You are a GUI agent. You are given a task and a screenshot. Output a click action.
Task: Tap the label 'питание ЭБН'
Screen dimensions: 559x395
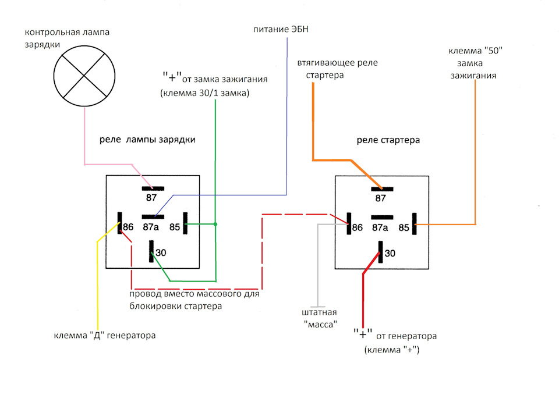point(281,29)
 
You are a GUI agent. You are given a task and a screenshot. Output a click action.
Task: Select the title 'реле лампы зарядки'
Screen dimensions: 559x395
point(147,140)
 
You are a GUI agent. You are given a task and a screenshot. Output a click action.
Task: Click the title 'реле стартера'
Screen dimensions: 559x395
point(388,140)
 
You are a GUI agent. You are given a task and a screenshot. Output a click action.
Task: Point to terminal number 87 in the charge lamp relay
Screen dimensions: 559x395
point(151,198)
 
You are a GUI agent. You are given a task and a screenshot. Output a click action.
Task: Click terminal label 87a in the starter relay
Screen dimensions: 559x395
point(380,227)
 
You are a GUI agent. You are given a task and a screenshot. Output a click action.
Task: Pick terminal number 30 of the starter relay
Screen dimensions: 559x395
point(390,253)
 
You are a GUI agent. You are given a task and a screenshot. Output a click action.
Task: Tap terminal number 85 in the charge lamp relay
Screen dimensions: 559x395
point(175,227)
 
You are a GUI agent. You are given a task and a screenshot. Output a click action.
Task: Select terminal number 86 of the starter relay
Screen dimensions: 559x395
point(357,227)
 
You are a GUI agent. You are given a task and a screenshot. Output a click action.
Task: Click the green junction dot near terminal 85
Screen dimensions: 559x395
point(215,224)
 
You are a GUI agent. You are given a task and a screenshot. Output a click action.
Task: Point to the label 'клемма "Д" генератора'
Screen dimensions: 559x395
point(105,336)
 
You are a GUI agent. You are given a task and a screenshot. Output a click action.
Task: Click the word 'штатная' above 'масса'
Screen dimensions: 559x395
point(319,312)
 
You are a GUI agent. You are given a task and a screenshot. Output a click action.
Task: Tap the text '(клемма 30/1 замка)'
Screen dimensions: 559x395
point(204,93)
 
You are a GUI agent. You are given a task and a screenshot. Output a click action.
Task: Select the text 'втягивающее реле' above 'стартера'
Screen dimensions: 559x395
point(337,63)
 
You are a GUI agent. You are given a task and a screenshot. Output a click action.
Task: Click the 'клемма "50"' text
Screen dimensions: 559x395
point(475,51)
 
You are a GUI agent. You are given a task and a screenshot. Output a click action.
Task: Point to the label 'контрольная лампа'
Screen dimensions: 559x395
point(67,32)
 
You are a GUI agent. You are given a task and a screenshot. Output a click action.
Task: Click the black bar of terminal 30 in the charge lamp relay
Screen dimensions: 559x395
point(151,251)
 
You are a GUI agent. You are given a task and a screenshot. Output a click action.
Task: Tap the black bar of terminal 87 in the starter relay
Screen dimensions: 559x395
point(382,189)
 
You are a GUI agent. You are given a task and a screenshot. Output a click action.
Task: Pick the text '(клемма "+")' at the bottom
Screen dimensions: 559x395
point(392,350)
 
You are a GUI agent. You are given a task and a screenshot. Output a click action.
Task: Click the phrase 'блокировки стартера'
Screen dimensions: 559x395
point(175,307)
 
